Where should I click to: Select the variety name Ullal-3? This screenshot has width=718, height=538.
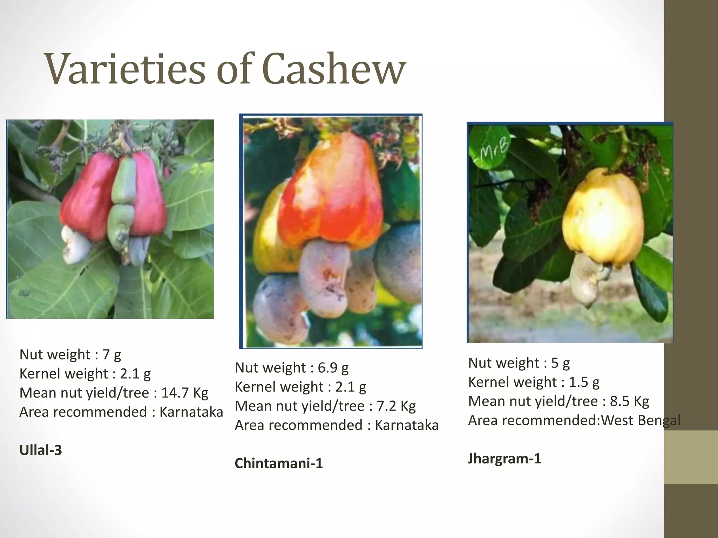tap(41, 450)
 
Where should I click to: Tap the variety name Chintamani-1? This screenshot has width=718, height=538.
tap(279, 463)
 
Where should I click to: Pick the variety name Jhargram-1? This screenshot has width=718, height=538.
tap(504, 458)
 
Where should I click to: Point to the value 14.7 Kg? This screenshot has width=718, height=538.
tap(184, 393)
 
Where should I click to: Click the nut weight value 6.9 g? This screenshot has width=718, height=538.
tap(333, 367)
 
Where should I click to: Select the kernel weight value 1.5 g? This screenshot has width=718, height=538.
tap(584, 382)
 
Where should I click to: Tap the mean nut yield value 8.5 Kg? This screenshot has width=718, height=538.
tap(629, 401)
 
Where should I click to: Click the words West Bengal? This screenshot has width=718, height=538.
tap(641, 420)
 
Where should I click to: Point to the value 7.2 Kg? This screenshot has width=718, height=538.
tap(396, 406)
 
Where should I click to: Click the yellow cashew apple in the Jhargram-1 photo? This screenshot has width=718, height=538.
tap(603, 217)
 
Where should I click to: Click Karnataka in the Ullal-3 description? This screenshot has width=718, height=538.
tap(191, 412)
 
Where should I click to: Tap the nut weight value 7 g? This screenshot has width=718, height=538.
tap(111, 354)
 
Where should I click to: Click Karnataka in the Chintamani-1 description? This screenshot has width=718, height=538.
tap(407, 425)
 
